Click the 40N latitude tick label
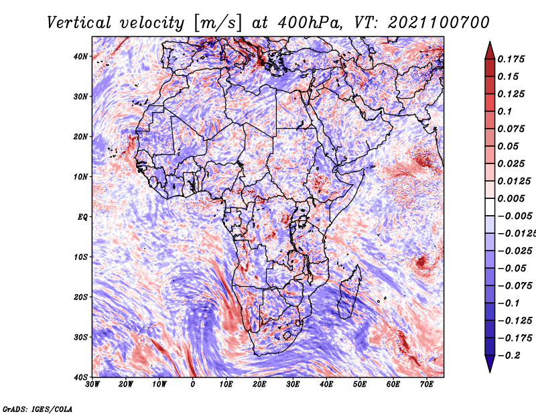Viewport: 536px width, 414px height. pyautogui.click(x=80, y=56)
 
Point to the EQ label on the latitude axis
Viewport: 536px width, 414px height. pyautogui.click(x=82, y=217)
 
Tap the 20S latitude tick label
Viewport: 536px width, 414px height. pyautogui.click(x=80, y=297)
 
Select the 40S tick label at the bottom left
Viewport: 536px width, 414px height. pyautogui.click(x=80, y=377)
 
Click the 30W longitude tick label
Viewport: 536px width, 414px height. pyautogui.click(x=92, y=385)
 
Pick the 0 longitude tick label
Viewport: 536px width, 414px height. pyautogui.click(x=193, y=385)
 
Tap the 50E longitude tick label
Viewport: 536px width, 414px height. pyautogui.click(x=360, y=385)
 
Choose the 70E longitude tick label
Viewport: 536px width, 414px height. pyautogui.click(x=427, y=385)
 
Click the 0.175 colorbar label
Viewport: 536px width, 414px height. pyautogui.click(x=511, y=59)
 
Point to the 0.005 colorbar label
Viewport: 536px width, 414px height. pyautogui.click(x=511, y=198)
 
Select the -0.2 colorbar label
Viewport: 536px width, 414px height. pyautogui.click(x=509, y=356)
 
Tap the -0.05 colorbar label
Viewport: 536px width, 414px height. pyautogui.click(x=512, y=269)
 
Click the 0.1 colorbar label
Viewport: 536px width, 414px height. pyautogui.click(x=505, y=111)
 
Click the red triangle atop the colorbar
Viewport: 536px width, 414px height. pyautogui.click(x=490, y=51)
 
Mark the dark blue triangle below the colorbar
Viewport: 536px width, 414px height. pyautogui.click(x=490, y=364)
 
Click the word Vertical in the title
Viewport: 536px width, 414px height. pyautogui.click(x=79, y=23)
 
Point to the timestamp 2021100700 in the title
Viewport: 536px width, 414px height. pyautogui.click(x=439, y=23)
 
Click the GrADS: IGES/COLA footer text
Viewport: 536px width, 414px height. pyautogui.click(x=38, y=409)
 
